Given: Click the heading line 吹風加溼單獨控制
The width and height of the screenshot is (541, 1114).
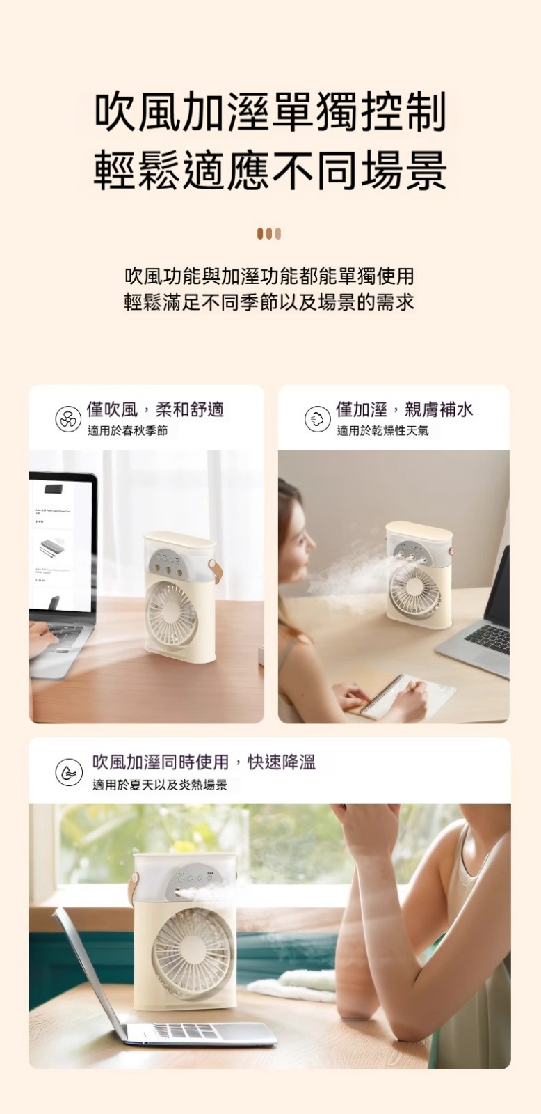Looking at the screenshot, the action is coord(270,113).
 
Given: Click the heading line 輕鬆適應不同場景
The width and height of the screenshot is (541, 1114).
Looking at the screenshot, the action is coord(270,170).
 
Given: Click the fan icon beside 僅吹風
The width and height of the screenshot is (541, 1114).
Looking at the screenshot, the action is coord(68,418).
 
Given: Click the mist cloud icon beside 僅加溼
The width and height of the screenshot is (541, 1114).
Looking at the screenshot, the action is coord(318,418).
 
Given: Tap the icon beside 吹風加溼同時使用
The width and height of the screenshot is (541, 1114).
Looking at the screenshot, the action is coord(69,772).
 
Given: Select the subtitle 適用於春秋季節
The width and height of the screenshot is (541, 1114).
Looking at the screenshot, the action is coord(128,431).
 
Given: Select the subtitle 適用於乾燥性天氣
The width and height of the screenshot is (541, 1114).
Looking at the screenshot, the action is coord(382,431).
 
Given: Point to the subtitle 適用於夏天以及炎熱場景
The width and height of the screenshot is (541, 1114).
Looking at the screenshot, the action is coord(160,785).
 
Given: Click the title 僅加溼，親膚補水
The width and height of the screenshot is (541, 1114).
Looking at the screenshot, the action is coord(405,409).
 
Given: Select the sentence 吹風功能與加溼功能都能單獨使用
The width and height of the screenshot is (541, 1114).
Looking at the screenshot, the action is coord(269,276).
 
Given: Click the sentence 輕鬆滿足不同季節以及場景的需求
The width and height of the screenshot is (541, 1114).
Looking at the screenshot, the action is coord(269,301).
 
